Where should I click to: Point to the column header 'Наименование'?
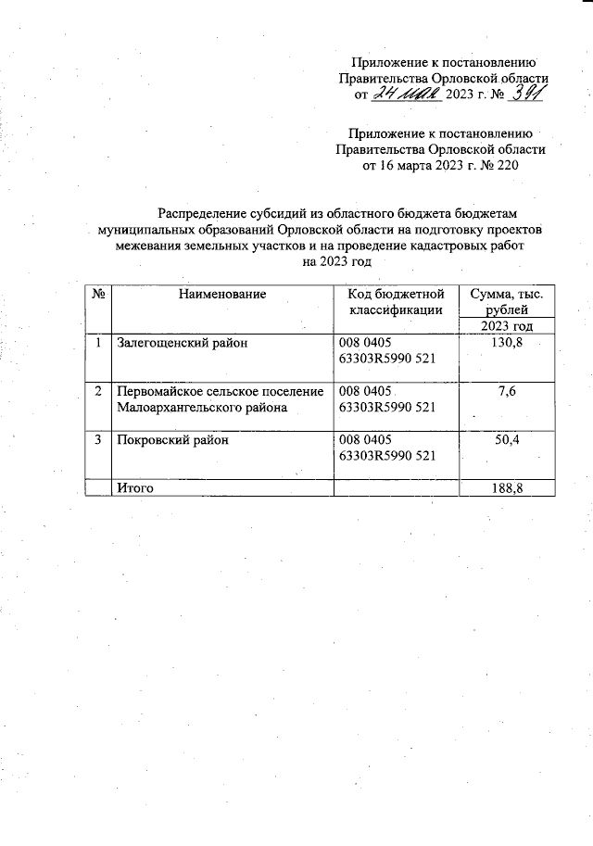pos(222,294)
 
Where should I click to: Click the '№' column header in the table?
pos(97,294)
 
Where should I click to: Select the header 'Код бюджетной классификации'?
pos(396,301)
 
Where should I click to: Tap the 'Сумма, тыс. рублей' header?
pos(507,301)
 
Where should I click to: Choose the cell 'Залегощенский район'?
pos(173,342)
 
